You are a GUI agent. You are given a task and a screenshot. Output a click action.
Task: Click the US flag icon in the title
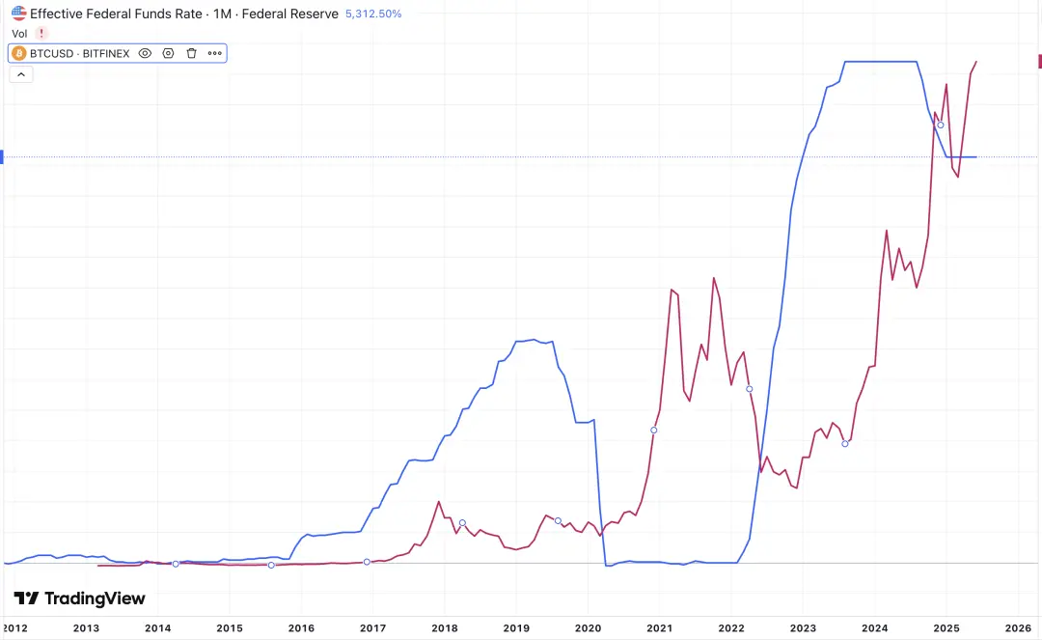coord(19,14)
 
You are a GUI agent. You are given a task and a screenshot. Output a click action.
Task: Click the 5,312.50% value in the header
coord(373,14)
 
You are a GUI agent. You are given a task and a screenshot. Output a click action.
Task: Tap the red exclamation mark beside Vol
coord(41,34)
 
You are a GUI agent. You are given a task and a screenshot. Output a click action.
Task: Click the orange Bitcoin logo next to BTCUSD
coord(19,53)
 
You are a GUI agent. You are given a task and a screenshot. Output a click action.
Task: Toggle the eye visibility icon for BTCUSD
coord(145,53)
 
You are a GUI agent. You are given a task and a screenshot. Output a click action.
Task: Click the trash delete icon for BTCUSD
coord(191,53)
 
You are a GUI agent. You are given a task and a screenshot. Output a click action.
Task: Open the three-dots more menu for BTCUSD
coord(214,53)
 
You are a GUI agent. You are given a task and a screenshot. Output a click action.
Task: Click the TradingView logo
coord(79,598)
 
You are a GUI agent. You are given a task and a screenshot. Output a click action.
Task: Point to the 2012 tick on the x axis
coord(15,626)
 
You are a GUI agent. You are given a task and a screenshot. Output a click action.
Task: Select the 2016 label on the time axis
coord(301,626)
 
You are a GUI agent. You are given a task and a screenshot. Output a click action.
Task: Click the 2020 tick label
coord(588,626)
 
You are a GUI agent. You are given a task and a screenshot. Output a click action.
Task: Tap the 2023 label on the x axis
coord(803,626)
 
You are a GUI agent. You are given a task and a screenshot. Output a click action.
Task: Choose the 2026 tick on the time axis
coord(1018,626)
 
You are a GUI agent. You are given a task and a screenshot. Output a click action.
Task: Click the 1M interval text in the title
coord(221,14)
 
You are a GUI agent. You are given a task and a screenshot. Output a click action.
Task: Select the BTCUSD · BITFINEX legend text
coord(81,53)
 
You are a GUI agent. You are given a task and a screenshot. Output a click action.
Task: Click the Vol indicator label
coord(19,34)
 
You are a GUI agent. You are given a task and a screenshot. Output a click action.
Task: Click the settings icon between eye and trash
coord(168,53)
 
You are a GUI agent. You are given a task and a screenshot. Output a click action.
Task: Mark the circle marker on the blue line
coord(941,125)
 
